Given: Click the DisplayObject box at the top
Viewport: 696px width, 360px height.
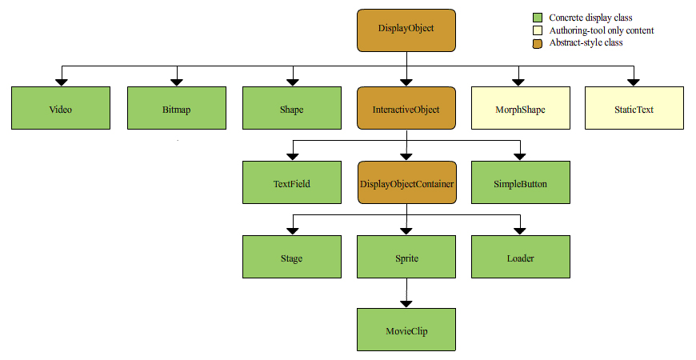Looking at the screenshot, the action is (x=406, y=30).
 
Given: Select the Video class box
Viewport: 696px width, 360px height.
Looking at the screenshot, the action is (x=61, y=108).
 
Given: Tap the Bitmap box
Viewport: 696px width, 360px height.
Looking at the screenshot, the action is (x=177, y=108).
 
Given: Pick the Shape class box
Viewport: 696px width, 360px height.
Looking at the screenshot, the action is (x=292, y=108).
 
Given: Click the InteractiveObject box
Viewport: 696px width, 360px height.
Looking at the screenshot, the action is (x=406, y=108).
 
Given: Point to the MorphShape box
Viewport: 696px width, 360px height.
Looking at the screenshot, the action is (x=521, y=108).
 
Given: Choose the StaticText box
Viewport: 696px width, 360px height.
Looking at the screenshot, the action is (x=634, y=108).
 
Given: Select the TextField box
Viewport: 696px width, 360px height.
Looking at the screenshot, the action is (x=292, y=182).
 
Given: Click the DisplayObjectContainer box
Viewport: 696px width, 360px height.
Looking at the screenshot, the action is (x=407, y=182).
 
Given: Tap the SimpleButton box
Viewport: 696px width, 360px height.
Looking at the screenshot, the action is (x=521, y=182).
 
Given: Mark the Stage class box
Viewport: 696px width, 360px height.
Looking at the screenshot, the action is (x=292, y=257).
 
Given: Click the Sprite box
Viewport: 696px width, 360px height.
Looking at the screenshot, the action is (x=406, y=257).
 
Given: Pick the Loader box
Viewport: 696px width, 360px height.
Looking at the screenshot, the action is (x=521, y=257).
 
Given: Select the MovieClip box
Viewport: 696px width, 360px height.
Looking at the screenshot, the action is (x=406, y=330).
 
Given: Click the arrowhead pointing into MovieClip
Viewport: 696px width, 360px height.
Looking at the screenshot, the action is (x=406, y=304).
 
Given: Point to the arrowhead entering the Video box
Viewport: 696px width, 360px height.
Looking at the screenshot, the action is (x=62, y=82).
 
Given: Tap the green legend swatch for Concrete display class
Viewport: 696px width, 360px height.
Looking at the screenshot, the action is (x=538, y=18).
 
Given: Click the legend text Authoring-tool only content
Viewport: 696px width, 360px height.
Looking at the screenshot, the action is (x=602, y=30).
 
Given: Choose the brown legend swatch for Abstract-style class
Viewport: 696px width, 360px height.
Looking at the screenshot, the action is (x=538, y=43).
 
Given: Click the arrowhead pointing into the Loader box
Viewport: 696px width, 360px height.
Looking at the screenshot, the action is (x=520, y=231).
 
